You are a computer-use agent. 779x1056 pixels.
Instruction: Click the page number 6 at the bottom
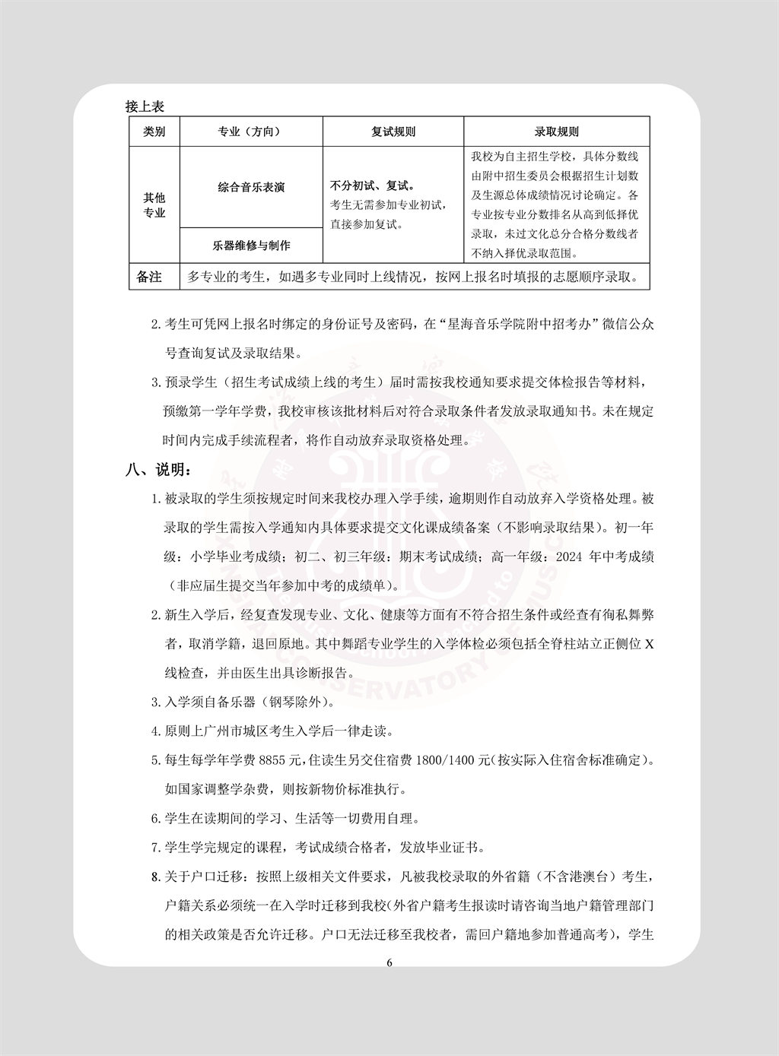(x=389, y=962)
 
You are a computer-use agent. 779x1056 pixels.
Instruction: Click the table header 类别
(x=154, y=132)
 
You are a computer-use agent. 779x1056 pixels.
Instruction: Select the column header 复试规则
(x=393, y=132)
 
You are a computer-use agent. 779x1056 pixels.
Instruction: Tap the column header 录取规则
(x=556, y=132)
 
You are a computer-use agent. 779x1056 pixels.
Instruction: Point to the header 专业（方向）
(x=250, y=132)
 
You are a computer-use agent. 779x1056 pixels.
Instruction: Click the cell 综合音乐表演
(x=250, y=187)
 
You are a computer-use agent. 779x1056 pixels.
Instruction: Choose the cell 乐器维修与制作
(x=250, y=246)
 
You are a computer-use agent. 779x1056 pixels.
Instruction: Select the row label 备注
(x=150, y=277)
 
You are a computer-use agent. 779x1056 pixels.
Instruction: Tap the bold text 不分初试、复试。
(x=372, y=186)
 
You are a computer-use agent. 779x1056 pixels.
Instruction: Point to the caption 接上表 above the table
(x=145, y=106)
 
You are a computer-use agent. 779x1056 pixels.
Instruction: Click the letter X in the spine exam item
(x=649, y=644)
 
